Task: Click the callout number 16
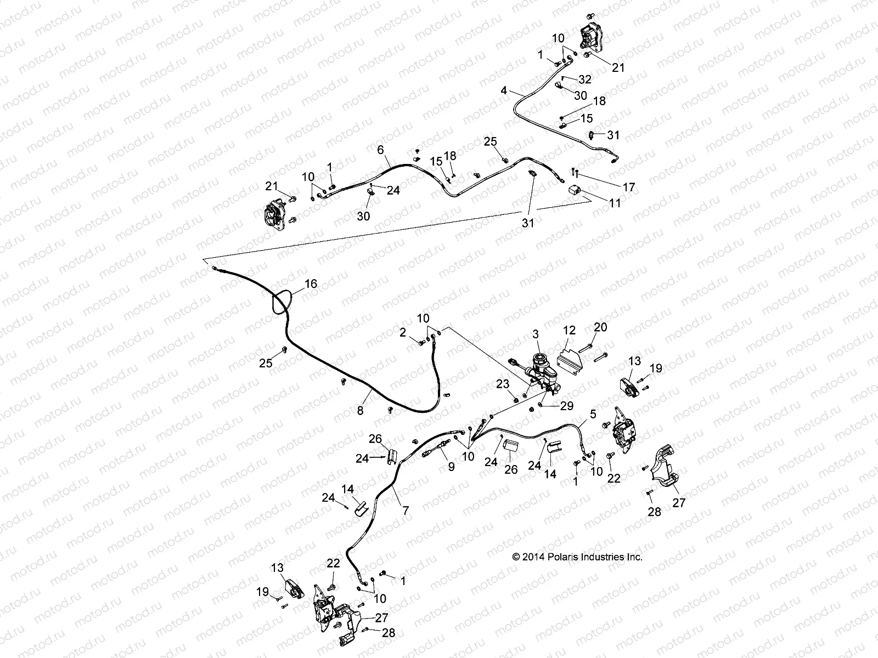pyautogui.click(x=311, y=283)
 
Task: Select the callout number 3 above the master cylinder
pyautogui.click(x=536, y=334)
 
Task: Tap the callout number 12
pyautogui.click(x=569, y=330)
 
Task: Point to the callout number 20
pyautogui.click(x=600, y=327)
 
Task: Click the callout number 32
pyautogui.click(x=585, y=80)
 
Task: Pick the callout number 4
pyautogui.click(x=504, y=90)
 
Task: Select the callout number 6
pyautogui.click(x=380, y=149)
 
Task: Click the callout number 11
pyautogui.click(x=615, y=203)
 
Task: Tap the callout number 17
pyautogui.click(x=629, y=187)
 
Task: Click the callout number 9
pyautogui.click(x=451, y=467)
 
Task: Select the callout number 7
pyautogui.click(x=406, y=510)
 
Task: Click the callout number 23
pyautogui.click(x=503, y=384)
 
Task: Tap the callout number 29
pyautogui.click(x=566, y=405)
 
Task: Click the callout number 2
pyautogui.click(x=403, y=332)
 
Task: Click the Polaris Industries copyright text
pyautogui.click(x=577, y=557)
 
